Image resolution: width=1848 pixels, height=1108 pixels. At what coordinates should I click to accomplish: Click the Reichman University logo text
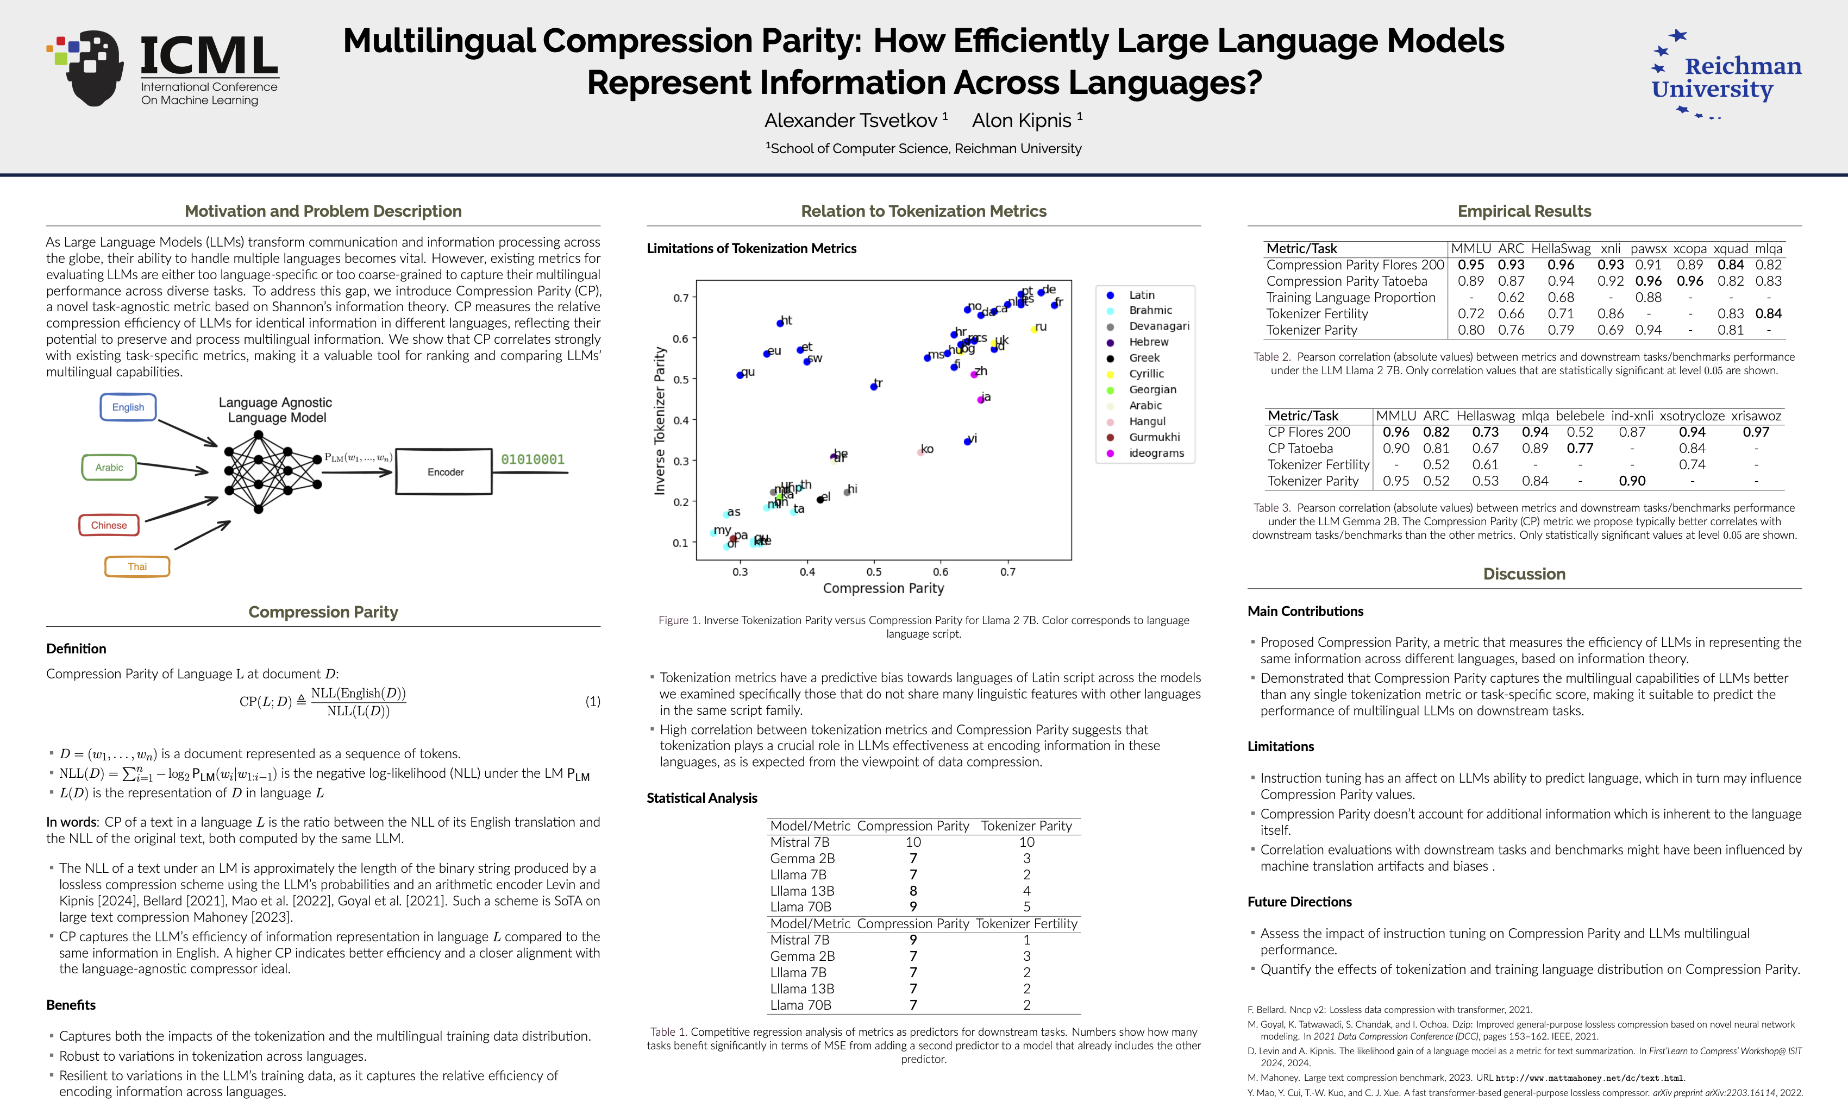pos(1727,77)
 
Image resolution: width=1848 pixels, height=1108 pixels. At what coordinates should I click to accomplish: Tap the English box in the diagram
pos(128,407)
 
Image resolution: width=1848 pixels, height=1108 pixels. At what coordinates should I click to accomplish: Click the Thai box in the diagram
pos(137,566)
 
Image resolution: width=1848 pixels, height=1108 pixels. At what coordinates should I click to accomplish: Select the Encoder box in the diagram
pos(444,472)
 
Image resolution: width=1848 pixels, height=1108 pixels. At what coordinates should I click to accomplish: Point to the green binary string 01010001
pos(533,459)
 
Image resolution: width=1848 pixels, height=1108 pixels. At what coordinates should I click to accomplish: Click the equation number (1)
pos(592,701)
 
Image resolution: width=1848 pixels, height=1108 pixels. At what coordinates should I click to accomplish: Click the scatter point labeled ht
pos(780,323)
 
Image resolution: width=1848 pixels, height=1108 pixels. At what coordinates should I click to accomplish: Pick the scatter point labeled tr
pos(873,387)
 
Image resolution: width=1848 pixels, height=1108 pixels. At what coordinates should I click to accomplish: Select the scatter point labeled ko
pos(920,452)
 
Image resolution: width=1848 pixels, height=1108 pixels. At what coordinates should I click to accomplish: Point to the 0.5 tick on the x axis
pos(874,572)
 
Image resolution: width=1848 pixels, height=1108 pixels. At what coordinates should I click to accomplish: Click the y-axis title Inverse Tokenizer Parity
pos(660,420)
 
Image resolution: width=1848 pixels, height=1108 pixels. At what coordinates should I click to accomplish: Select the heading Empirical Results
pos(1524,211)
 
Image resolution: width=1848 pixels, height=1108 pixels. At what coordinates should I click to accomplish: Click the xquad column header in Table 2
pos(1730,249)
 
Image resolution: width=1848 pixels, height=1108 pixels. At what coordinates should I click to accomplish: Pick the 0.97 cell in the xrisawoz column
pos(1756,432)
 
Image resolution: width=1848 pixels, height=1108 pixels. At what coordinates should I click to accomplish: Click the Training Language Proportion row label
pos(1350,297)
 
